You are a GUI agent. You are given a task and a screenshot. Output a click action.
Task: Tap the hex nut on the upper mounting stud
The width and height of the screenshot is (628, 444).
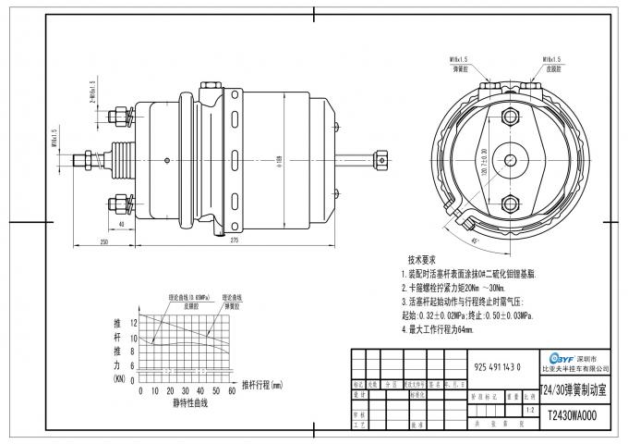[118, 117]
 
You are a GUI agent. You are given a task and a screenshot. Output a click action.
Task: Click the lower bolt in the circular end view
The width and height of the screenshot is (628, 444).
[510, 203]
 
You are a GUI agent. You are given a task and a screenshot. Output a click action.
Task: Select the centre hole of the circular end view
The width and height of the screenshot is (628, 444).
[510, 160]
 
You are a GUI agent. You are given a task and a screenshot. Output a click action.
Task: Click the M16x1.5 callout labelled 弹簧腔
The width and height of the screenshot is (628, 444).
[460, 63]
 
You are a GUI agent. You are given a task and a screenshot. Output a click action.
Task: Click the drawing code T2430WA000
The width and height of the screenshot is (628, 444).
[573, 416]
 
